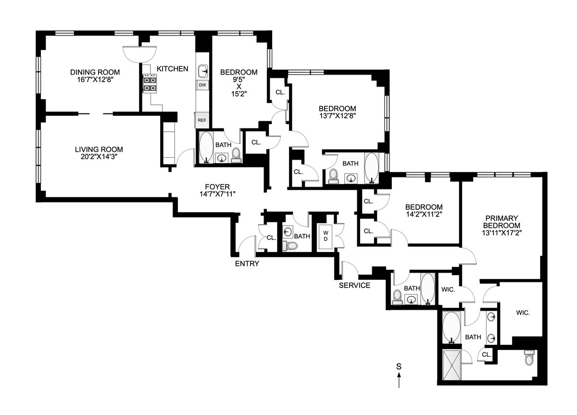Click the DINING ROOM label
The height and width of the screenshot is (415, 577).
tap(95, 72)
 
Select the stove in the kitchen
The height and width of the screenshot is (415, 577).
tap(150, 85)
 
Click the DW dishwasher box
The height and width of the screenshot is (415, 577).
tap(202, 85)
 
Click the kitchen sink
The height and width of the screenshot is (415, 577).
tap(203, 72)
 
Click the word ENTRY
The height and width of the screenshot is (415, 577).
tap(247, 264)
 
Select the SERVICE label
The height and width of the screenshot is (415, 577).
tap(354, 285)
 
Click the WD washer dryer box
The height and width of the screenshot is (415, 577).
tap(326, 236)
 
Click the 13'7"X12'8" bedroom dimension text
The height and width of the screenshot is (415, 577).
tap(337, 115)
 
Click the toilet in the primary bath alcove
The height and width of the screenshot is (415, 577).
tap(529, 358)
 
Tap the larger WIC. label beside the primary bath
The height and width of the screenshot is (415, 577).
tap(523, 313)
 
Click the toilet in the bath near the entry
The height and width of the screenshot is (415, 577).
tap(290, 246)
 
